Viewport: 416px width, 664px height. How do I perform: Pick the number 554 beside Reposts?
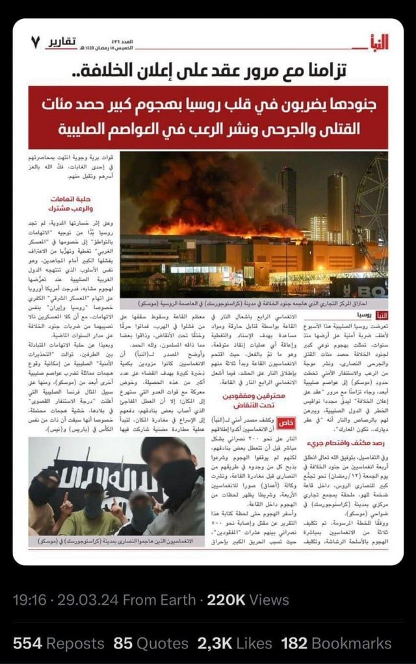click(x=27, y=644)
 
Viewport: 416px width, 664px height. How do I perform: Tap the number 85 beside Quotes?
click(x=123, y=644)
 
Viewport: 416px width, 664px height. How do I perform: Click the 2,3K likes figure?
click(x=214, y=644)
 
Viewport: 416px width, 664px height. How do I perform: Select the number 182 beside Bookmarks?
click(x=296, y=644)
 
